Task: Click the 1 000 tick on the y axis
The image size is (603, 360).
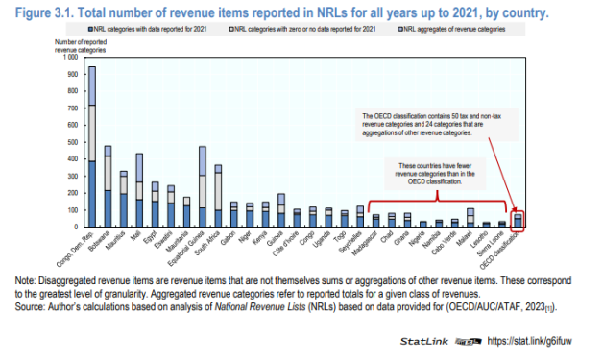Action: [67, 57]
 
